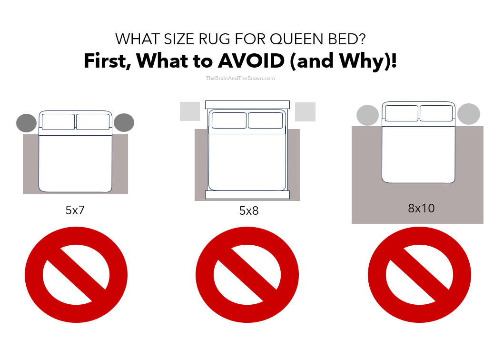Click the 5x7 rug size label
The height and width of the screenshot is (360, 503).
pyautogui.click(x=75, y=210)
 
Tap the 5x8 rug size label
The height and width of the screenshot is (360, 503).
pyautogui.click(x=249, y=210)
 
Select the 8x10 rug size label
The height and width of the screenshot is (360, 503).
pyautogui.click(x=421, y=208)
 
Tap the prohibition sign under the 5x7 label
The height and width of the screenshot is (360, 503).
pyautogui.click(x=76, y=275)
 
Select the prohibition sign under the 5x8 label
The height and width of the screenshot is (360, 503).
pyautogui.click(x=247, y=275)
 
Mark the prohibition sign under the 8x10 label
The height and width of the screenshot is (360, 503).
pyautogui.click(x=419, y=275)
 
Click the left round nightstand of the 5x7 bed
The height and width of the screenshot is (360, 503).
pyautogui.click(x=26, y=123)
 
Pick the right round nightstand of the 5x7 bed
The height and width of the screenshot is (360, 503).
pyautogui.click(x=124, y=122)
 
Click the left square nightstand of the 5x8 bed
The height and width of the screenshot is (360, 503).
pyautogui.click(x=190, y=111)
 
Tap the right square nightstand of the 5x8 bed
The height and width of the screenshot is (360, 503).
pyautogui.click(x=305, y=112)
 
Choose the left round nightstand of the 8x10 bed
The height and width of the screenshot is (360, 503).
pyautogui.click(x=367, y=115)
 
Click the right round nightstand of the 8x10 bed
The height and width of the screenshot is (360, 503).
pyautogui.click(x=469, y=114)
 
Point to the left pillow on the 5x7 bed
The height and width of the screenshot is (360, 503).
pyautogui.click(x=58, y=122)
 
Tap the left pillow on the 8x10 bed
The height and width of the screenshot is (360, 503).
pyautogui.click(x=401, y=113)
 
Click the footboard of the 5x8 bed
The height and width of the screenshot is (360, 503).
pyautogui.click(x=247, y=194)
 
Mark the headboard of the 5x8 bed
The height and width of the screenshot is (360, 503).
pyautogui.click(x=247, y=104)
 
